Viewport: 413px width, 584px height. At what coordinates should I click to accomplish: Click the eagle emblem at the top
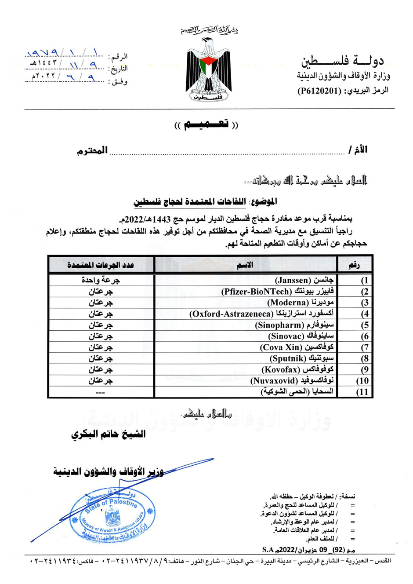[x=206, y=70]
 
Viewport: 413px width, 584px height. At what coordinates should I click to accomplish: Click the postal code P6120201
[x=319, y=91]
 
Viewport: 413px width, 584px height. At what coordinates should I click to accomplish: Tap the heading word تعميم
[x=206, y=124]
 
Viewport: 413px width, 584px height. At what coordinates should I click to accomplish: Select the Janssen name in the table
[x=304, y=280]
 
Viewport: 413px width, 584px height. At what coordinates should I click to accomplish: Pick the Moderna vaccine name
[x=301, y=303]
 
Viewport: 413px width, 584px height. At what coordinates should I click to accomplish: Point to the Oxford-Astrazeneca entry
[x=261, y=314]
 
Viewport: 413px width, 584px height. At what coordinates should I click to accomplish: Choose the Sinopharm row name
[x=294, y=325]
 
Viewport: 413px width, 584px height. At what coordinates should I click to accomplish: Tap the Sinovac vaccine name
[x=301, y=336]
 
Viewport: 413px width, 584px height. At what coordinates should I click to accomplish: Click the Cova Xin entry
[x=297, y=347]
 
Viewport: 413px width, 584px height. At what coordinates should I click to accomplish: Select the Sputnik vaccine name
[x=301, y=358]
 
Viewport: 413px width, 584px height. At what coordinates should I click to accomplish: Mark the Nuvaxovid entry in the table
[x=292, y=381]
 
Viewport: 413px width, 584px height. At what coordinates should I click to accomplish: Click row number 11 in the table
[x=362, y=392]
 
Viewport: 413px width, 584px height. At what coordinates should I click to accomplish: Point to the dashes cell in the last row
[x=101, y=392]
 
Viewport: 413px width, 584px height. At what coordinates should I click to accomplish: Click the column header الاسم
[x=245, y=265]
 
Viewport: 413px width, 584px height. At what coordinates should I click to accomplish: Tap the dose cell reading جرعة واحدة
[x=101, y=280]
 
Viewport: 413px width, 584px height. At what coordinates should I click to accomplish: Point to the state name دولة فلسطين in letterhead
[x=342, y=61]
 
